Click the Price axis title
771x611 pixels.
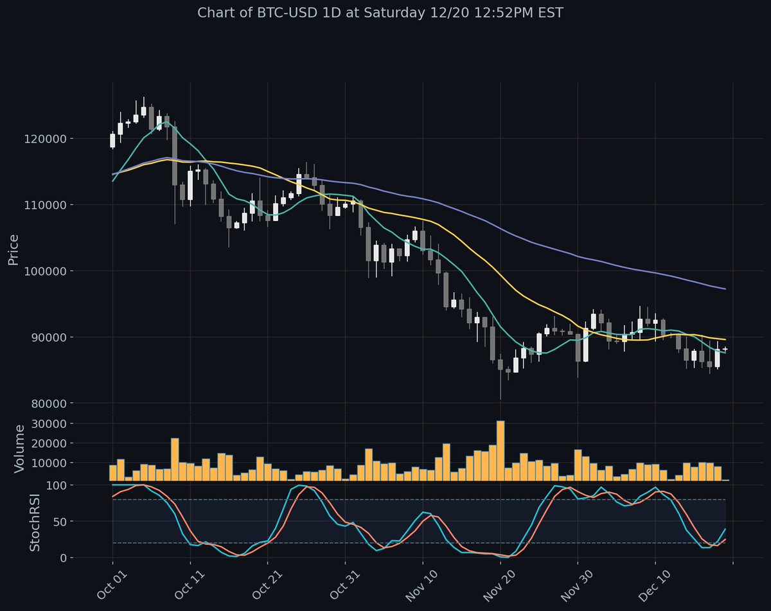click(13, 250)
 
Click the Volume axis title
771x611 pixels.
click(19, 448)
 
